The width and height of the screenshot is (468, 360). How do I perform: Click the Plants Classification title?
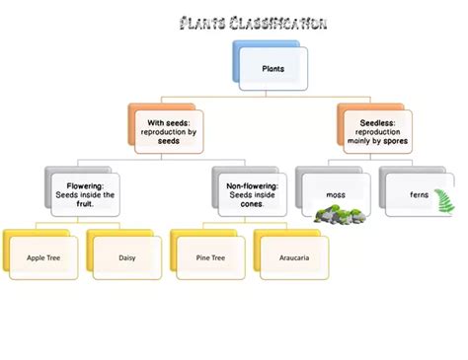(x=254, y=24)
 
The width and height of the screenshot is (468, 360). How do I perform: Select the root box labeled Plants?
(x=273, y=69)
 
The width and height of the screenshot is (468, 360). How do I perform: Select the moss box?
(x=337, y=194)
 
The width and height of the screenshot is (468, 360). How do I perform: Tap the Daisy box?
(x=126, y=257)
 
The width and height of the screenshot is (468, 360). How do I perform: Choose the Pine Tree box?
(x=210, y=257)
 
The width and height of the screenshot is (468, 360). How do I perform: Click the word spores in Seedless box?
(x=393, y=141)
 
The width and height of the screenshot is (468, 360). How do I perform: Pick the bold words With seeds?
(x=169, y=122)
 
